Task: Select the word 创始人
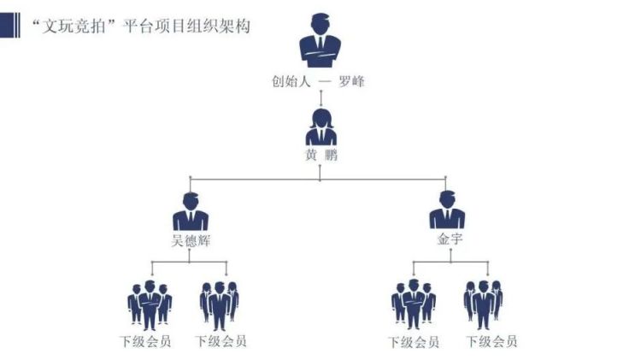click(x=287, y=84)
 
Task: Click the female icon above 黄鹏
click(x=320, y=127)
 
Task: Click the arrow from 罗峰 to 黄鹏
click(x=320, y=99)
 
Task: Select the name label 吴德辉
click(x=191, y=239)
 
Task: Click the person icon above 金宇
click(x=447, y=210)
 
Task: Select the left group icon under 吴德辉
click(x=149, y=304)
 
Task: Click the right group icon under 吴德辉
click(x=220, y=304)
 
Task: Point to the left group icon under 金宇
click(x=413, y=304)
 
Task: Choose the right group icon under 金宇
click(x=484, y=304)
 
